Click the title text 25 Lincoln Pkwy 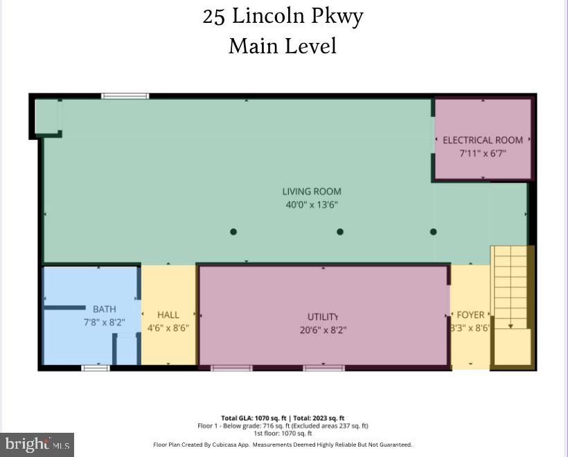[283, 16]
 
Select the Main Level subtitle [283, 46]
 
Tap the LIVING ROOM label [312, 191]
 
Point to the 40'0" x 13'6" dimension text [312, 205]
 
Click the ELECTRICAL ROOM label [483, 140]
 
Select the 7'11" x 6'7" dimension [483, 153]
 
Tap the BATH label [105, 309]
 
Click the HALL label [168, 314]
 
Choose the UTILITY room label [323, 316]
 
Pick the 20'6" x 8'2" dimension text [323, 330]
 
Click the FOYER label [470, 315]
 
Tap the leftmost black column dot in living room [233, 232]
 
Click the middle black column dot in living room [340, 232]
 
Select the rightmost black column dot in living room [434, 232]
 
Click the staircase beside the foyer [512, 291]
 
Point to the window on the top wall [125, 96]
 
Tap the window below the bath [96, 368]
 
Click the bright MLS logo [37, 444]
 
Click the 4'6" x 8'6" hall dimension [168, 328]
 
